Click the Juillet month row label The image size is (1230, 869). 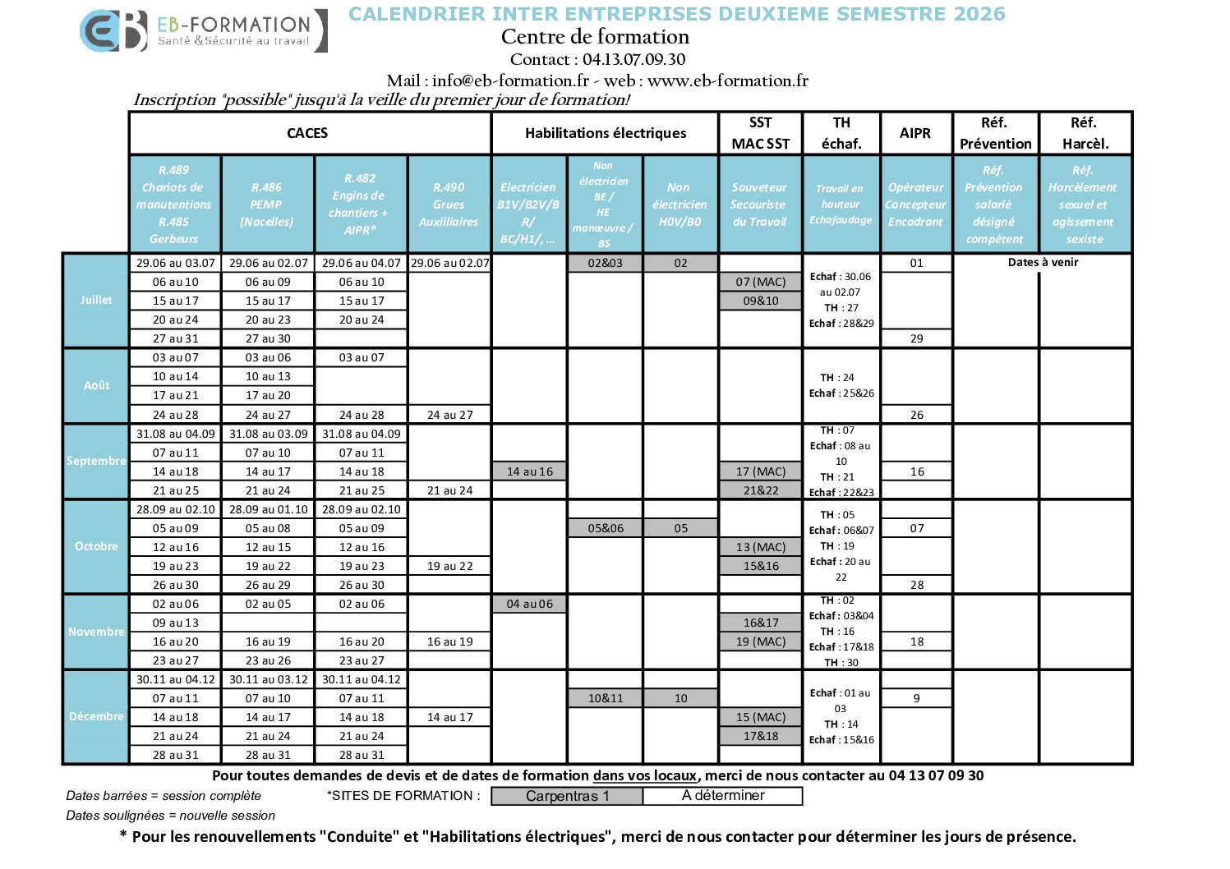(x=96, y=300)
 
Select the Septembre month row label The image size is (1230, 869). (x=96, y=461)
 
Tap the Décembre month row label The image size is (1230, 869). (x=96, y=716)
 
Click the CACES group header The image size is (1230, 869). (x=307, y=133)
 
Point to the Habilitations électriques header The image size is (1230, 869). (x=606, y=133)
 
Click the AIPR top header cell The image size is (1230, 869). (x=915, y=133)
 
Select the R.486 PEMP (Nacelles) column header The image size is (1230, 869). (x=267, y=205)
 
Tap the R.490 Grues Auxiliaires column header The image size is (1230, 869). (x=449, y=205)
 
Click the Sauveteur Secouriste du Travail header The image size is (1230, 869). (x=759, y=205)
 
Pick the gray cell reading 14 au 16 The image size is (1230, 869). (x=530, y=471)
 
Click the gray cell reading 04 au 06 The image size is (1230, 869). (x=530, y=604)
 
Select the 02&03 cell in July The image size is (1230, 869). (x=606, y=263)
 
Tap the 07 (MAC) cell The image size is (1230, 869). (x=761, y=282)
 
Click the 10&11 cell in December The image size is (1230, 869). (x=606, y=698)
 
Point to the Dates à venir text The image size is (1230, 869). (x=1043, y=262)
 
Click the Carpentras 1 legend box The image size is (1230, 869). (x=567, y=796)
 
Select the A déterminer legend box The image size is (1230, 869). (x=723, y=795)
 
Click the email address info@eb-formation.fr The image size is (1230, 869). (x=510, y=80)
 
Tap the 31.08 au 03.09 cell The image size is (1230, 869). (x=269, y=434)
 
